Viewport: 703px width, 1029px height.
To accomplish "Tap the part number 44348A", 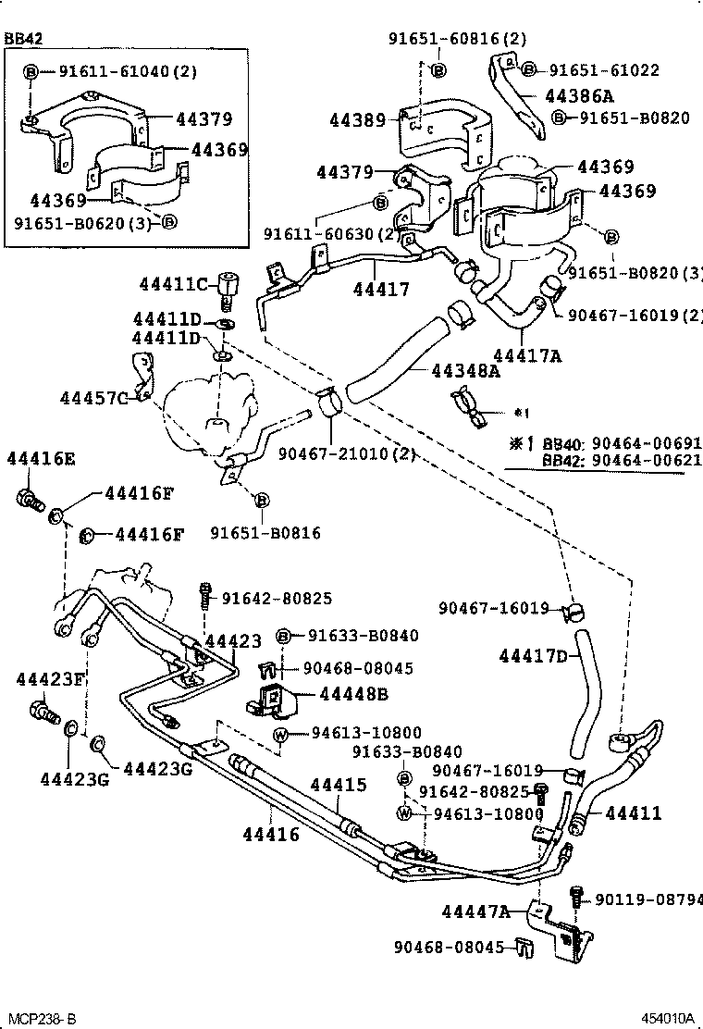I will [463, 371].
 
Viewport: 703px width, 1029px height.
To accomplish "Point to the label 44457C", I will [93, 398].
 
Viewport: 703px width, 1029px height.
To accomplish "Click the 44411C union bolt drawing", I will [228, 288].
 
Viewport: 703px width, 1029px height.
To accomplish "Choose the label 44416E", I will [41, 457].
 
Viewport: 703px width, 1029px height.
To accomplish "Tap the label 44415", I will [338, 785].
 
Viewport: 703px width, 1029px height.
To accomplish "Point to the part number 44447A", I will [475, 912].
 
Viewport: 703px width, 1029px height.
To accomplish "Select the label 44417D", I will [533, 656].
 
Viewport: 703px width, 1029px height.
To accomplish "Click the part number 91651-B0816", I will [265, 532].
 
